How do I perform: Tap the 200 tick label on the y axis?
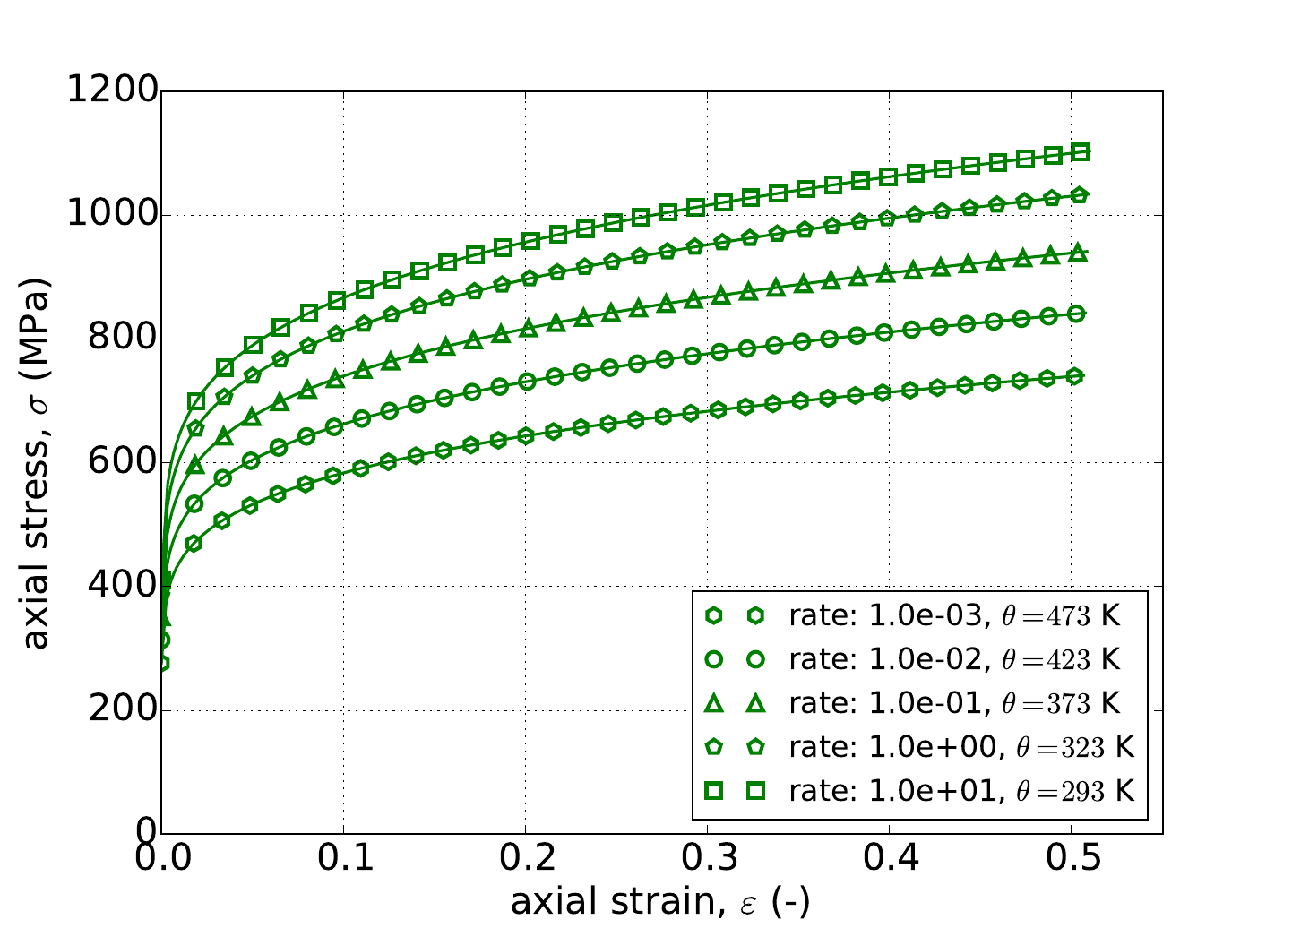coord(123,710)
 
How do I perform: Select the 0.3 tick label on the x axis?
coord(708,863)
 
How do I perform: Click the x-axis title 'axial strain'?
coord(660,902)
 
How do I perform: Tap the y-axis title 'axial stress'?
coord(38,462)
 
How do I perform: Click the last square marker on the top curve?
coord(1081,152)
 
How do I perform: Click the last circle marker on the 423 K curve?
coord(1077,314)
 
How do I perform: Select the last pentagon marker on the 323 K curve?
coord(1080,195)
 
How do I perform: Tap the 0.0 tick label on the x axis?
coord(161,863)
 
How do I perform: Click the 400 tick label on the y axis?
coord(123,587)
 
